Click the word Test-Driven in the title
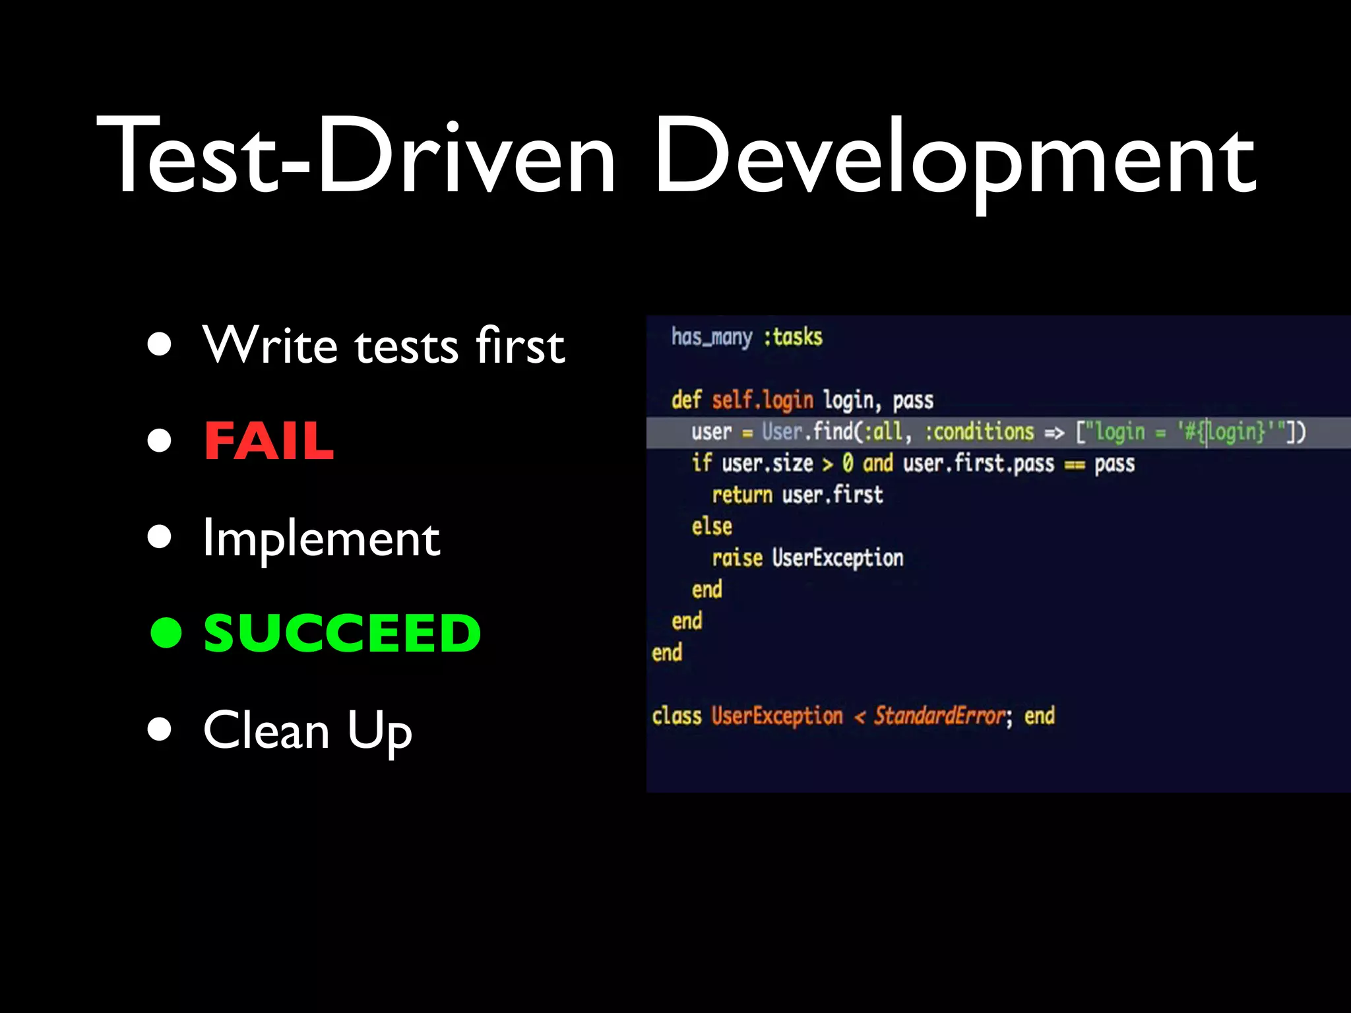pyautogui.click(x=356, y=156)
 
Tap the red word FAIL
pyautogui.click(x=268, y=441)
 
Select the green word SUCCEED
pyautogui.click(x=342, y=633)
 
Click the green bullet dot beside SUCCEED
pyautogui.click(x=166, y=633)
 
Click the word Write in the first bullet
pyautogui.click(x=270, y=345)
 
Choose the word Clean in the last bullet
pyautogui.click(x=266, y=730)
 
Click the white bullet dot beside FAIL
pyautogui.click(x=160, y=441)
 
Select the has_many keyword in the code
pyautogui.click(x=712, y=337)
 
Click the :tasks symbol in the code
pyautogui.click(x=793, y=337)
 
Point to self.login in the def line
pyautogui.click(x=762, y=400)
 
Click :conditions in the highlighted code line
pyautogui.click(x=980, y=432)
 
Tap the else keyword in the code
pyautogui.click(x=712, y=526)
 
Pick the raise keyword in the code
pyautogui.click(x=737, y=558)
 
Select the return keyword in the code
pyautogui.click(x=741, y=495)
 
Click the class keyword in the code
pyautogui.click(x=677, y=716)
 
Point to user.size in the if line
pyautogui.click(x=767, y=464)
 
